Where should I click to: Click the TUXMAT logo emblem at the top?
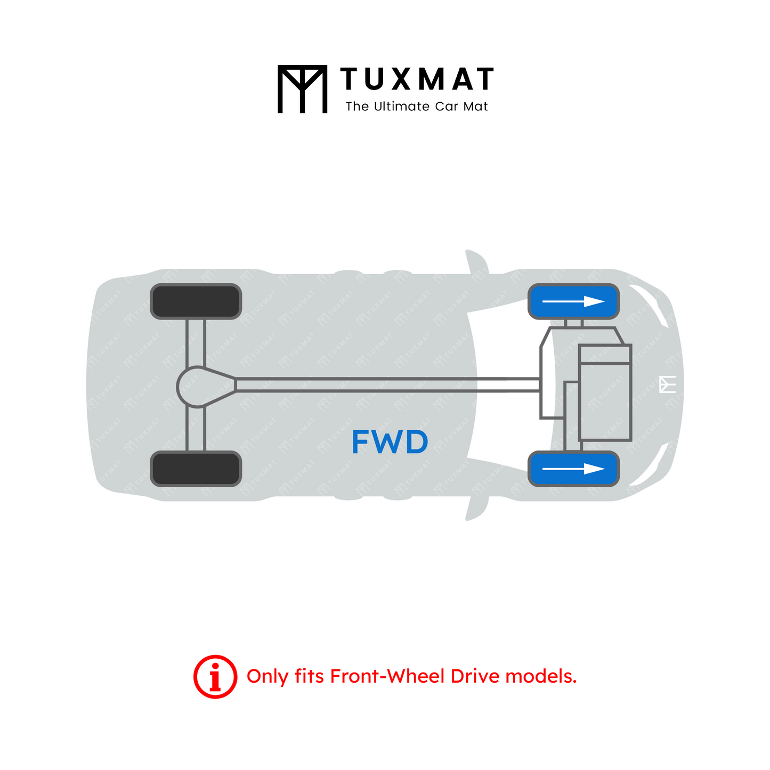point(302,89)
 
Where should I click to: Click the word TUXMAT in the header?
point(416,79)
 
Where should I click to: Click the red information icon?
point(215,676)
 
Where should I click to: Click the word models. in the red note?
point(541,676)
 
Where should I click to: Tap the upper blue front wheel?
point(573,301)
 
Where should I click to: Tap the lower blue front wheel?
point(573,469)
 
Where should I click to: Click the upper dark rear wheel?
point(196,301)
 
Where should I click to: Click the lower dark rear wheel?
point(196,469)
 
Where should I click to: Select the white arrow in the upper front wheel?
point(573,301)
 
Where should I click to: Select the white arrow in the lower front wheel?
point(573,469)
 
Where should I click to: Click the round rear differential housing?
point(196,387)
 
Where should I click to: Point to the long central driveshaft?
point(387,385)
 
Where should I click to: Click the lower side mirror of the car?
point(477,508)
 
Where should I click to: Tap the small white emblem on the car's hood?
point(667,384)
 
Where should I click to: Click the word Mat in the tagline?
point(476,107)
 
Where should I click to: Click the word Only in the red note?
point(267,677)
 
